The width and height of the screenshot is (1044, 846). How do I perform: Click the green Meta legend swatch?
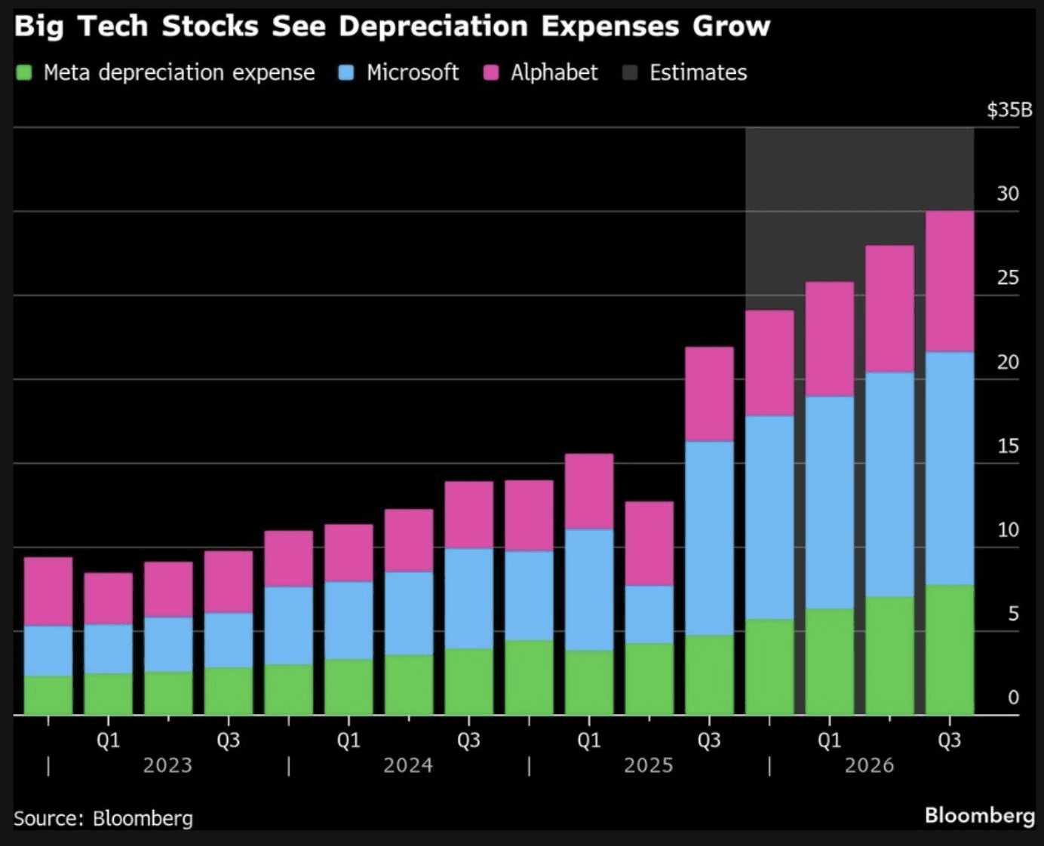tap(24, 73)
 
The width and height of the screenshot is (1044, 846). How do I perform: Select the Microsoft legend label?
tap(412, 72)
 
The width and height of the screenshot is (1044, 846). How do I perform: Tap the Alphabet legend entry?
tap(554, 72)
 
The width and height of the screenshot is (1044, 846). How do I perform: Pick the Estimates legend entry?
tap(698, 72)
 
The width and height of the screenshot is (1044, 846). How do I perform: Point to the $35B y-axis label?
tap(1009, 110)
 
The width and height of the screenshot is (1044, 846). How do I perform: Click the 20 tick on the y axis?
tap(1008, 362)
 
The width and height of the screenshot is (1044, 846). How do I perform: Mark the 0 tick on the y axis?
tap(1013, 697)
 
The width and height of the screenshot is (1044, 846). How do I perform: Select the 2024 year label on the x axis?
tap(407, 765)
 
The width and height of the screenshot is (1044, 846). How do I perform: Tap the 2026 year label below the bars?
tap(869, 765)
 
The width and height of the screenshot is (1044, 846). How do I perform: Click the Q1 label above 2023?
tap(108, 740)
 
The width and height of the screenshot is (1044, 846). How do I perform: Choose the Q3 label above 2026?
tap(949, 740)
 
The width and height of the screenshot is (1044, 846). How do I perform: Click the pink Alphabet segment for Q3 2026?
tap(949, 281)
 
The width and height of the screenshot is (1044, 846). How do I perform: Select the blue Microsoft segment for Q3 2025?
tap(709, 538)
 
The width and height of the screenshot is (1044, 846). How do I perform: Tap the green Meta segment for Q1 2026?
tap(829, 661)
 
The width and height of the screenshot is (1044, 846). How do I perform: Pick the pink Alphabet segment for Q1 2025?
tap(588, 491)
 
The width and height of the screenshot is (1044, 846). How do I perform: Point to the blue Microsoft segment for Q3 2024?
tap(468, 598)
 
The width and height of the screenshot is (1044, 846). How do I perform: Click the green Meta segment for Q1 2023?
tap(108, 694)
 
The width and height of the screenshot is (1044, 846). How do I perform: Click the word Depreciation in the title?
tap(433, 26)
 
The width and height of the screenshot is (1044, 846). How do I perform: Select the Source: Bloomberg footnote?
tap(103, 818)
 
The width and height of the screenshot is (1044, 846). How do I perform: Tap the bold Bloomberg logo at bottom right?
tap(979, 815)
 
